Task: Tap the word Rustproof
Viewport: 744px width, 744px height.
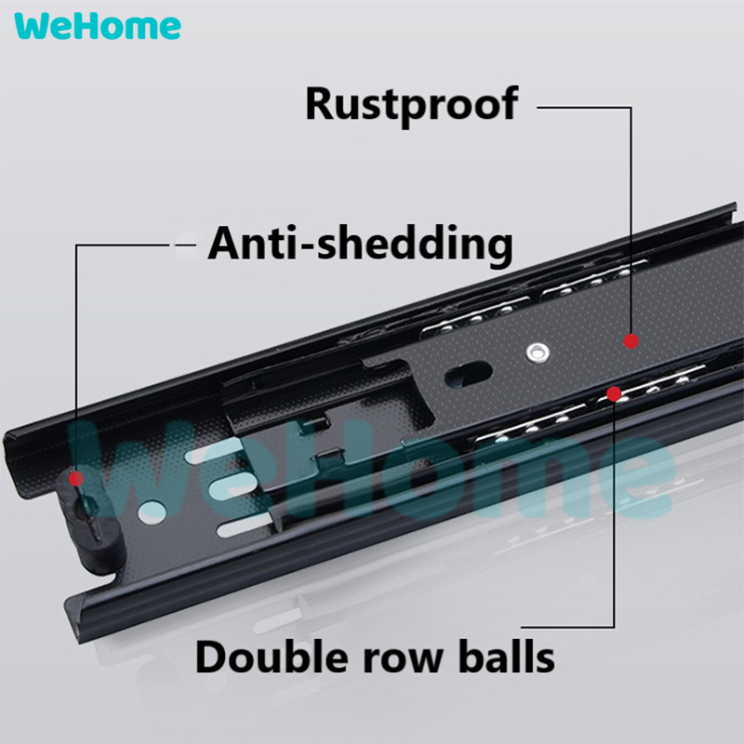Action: (x=411, y=104)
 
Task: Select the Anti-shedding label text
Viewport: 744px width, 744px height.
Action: (x=360, y=244)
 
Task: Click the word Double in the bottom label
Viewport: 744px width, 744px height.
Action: (x=264, y=657)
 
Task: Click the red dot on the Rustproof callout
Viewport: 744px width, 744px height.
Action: (x=631, y=341)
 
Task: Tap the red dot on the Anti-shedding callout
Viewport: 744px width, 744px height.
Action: (x=76, y=479)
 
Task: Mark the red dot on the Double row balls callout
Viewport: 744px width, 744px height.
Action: (x=614, y=394)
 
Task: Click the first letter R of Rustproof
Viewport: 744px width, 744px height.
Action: (x=321, y=104)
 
